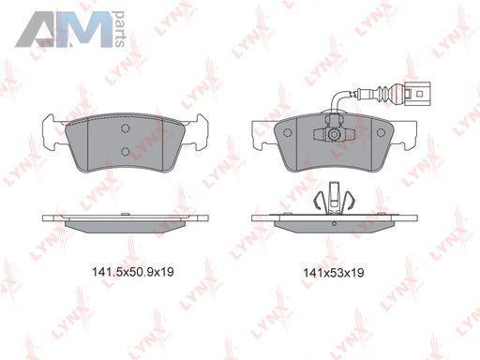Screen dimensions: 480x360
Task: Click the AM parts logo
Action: click(70, 29)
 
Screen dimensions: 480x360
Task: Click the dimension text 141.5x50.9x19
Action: click(132, 272)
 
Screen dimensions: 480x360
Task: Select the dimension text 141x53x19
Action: click(334, 273)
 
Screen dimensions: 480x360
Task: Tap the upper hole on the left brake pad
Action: click(126, 128)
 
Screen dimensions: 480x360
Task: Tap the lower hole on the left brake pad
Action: click(126, 152)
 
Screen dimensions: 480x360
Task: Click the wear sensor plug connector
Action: click(416, 93)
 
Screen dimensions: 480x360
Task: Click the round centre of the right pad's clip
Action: click(334, 134)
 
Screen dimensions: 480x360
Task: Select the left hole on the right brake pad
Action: click(288, 133)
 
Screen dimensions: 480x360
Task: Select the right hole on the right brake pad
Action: click(381, 133)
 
